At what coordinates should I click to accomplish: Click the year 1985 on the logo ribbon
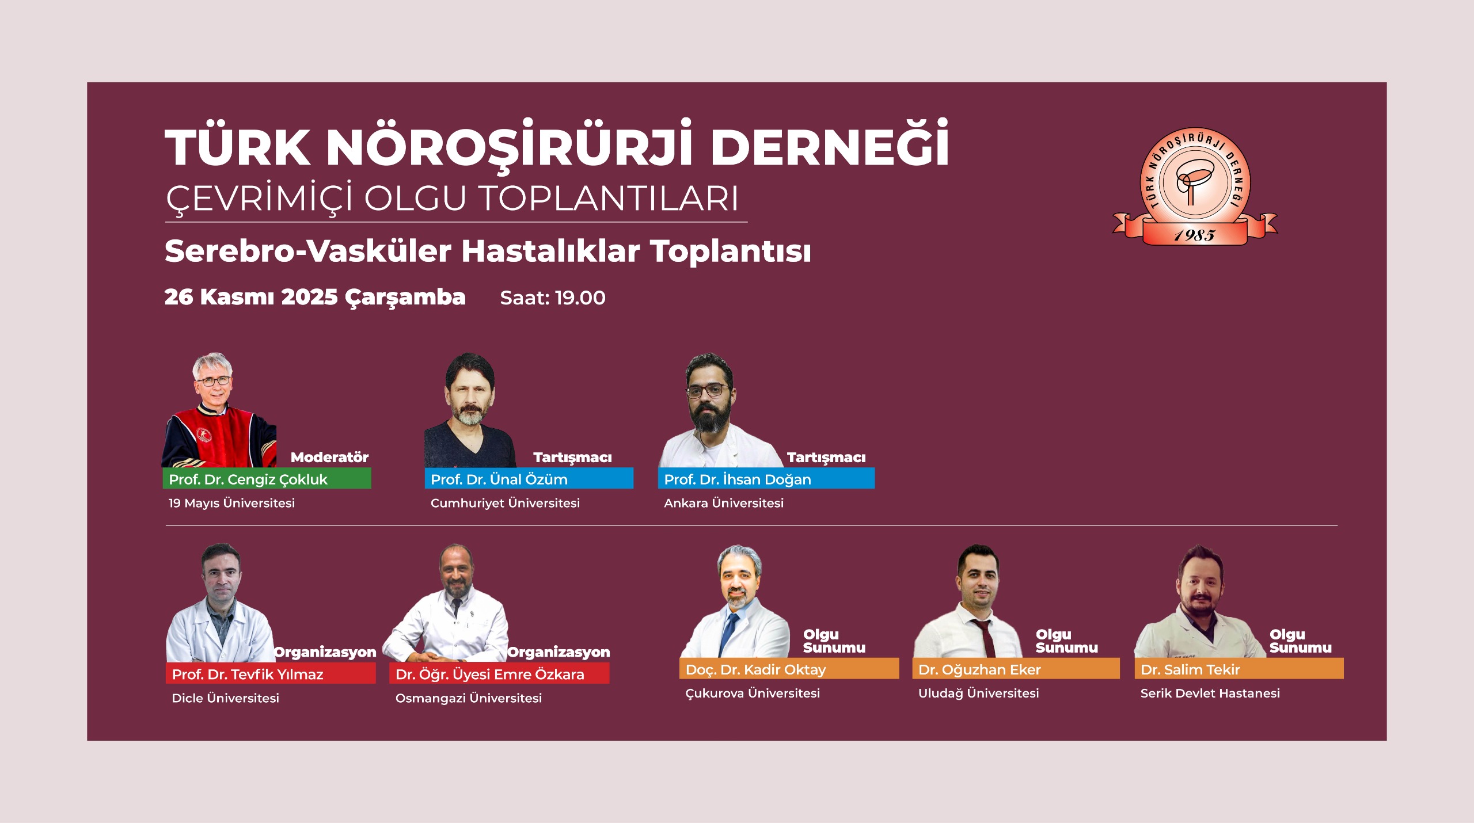click(1195, 235)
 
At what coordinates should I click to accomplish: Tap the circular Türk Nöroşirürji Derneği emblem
click(1195, 182)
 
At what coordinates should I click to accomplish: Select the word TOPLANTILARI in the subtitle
click(609, 199)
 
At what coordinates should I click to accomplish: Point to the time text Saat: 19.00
click(553, 298)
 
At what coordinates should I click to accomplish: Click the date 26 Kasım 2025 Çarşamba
click(315, 298)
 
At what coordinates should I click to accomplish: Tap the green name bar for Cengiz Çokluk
click(267, 478)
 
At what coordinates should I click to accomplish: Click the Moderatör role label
click(329, 457)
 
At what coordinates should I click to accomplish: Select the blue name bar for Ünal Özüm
click(529, 478)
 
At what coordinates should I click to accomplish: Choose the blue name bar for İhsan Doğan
click(766, 478)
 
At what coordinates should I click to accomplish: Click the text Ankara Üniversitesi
click(724, 503)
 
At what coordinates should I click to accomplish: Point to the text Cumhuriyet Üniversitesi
click(505, 503)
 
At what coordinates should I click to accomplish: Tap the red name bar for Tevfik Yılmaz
click(271, 673)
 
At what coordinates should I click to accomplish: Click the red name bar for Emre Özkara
click(499, 673)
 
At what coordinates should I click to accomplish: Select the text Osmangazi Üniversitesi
click(469, 698)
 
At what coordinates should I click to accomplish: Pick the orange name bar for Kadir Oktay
click(789, 669)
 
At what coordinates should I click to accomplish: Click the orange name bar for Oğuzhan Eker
click(1016, 669)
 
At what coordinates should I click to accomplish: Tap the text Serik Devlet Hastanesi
click(1210, 694)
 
